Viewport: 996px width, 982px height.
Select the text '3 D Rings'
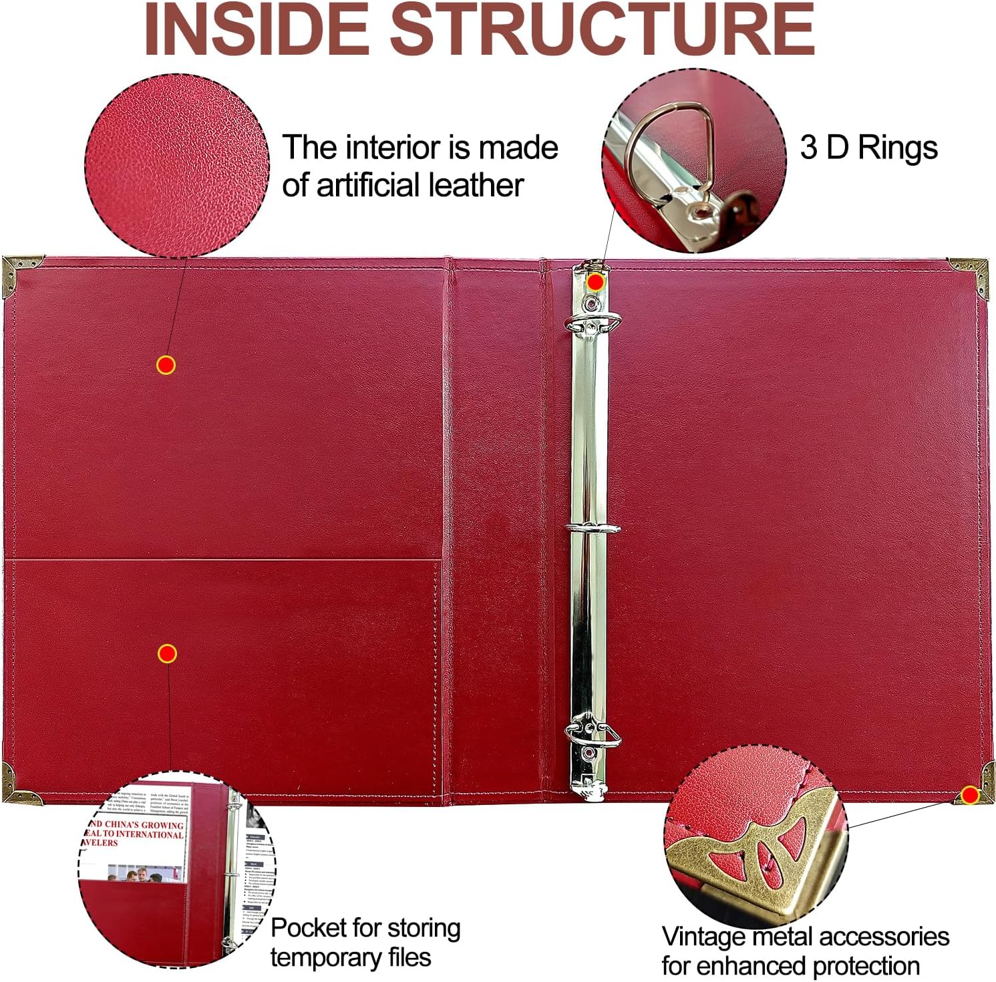tap(868, 147)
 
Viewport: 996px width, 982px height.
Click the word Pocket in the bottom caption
tap(307, 928)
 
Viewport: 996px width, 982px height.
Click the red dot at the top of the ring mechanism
tap(595, 282)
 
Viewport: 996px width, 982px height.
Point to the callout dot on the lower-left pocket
tap(166, 654)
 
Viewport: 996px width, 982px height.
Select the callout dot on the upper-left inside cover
tap(166, 365)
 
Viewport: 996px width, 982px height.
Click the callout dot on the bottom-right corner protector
tap(969, 795)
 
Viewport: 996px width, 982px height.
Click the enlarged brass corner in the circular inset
tap(748, 855)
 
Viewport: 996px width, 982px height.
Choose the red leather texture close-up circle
tap(176, 165)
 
